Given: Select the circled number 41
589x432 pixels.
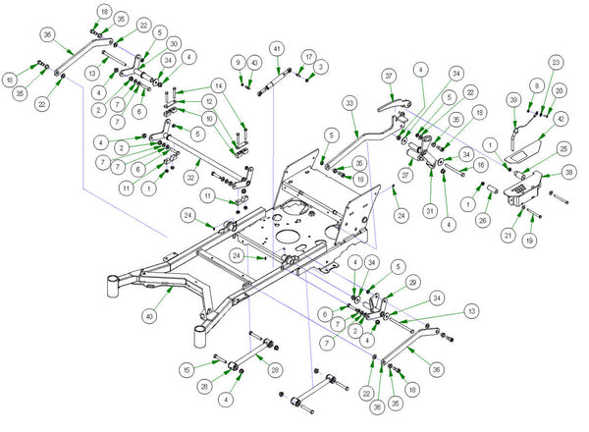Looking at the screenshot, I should coord(277,49).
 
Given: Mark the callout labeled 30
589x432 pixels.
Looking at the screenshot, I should coord(174,44).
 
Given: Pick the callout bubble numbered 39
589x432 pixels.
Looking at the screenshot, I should coord(512,101).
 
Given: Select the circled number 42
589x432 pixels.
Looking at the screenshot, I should coord(560,119).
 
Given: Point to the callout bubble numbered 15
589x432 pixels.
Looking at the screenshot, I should coord(186,369).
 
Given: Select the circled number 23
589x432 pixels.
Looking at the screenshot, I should coord(555,63).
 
